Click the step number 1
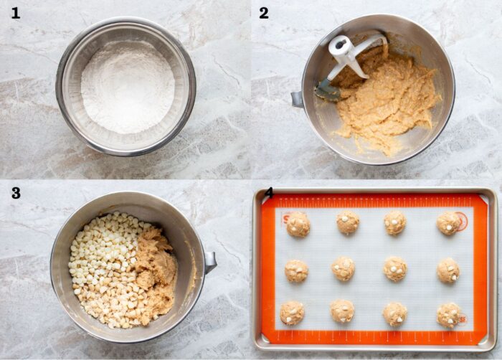[15, 13]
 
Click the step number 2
[264, 13]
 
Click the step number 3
[16, 193]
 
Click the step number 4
[269, 193]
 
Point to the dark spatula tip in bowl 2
[327, 91]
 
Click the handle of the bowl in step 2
[297, 99]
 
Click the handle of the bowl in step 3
[210, 262]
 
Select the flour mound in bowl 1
[128, 87]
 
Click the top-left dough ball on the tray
[298, 224]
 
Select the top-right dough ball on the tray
[448, 223]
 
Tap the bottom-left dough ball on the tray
[292, 313]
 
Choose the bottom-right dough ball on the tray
[449, 315]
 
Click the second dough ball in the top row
[348, 222]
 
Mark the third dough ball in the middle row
[395, 269]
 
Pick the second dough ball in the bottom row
[342, 311]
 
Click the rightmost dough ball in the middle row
[448, 270]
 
